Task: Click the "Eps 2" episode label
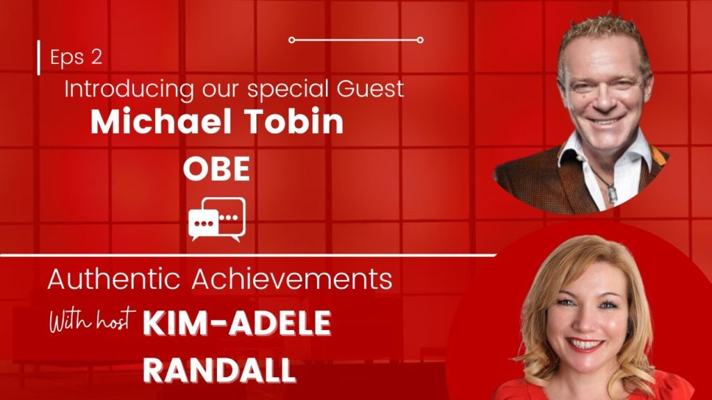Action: tap(76, 58)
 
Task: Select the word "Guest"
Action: tap(370, 88)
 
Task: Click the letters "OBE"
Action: tap(216, 169)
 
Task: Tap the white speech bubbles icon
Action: tap(217, 219)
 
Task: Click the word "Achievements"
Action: tap(292, 279)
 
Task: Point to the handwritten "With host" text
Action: tap(92, 321)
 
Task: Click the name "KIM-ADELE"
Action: tap(237, 324)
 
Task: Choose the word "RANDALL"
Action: tap(219, 371)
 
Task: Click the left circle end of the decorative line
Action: tap(291, 40)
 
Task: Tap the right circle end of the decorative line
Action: tap(420, 40)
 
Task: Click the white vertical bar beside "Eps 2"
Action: tap(39, 58)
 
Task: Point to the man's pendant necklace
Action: tap(612, 193)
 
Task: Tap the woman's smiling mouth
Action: tap(585, 344)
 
